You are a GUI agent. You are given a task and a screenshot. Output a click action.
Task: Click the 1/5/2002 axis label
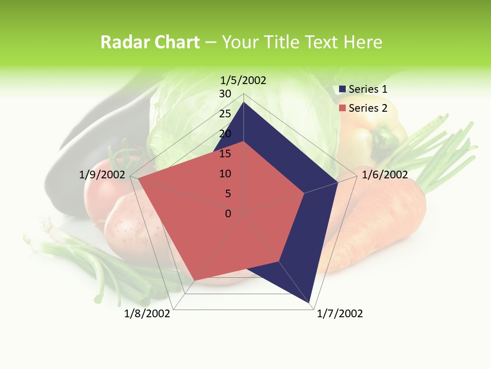click(x=243, y=80)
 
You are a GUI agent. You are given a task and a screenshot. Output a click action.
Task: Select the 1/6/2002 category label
click(x=385, y=175)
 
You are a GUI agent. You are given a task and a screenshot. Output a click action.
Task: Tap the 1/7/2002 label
click(x=340, y=314)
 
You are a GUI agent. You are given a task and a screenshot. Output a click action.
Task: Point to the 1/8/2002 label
click(x=147, y=314)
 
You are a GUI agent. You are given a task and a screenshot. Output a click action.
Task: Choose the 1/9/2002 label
click(x=102, y=175)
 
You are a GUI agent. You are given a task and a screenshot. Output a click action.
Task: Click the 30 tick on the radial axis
click(x=225, y=94)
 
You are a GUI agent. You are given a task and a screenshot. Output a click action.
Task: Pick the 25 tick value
click(x=225, y=114)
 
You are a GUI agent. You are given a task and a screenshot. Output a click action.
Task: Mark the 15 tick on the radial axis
click(x=225, y=154)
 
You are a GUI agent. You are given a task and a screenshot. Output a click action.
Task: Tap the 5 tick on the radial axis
click(x=228, y=194)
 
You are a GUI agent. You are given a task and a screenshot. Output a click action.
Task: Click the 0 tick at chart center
click(x=228, y=214)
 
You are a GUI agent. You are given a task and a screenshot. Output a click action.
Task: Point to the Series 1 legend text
click(x=368, y=89)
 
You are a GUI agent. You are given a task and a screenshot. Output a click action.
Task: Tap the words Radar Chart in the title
click(x=150, y=42)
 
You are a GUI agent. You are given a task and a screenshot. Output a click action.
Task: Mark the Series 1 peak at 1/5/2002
click(x=244, y=102)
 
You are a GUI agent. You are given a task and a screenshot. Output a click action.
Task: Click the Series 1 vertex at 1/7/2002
click(x=310, y=303)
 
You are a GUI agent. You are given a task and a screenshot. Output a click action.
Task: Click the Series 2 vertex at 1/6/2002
click(x=304, y=193)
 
